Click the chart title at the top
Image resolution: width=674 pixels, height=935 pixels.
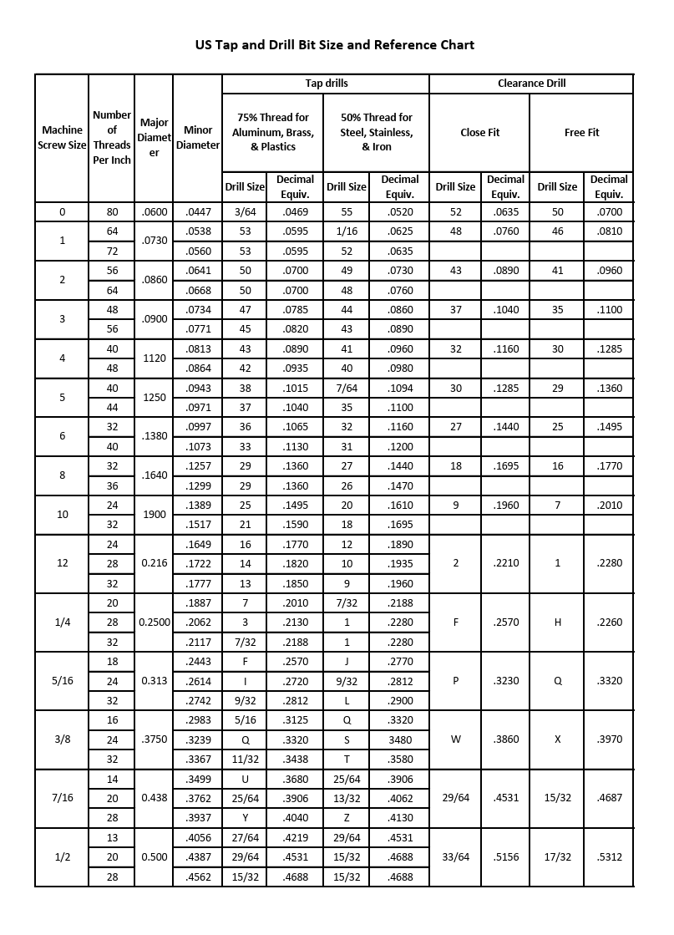click(334, 44)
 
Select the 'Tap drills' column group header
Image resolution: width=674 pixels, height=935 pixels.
click(326, 84)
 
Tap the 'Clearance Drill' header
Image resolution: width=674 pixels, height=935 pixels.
click(531, 84)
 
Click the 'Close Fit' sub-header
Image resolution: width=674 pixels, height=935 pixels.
click(479, 132)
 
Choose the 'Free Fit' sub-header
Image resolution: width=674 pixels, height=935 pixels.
click(581, 132)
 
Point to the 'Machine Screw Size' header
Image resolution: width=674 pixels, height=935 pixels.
click(62, 137)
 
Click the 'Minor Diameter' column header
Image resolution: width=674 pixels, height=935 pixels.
click(198, 137)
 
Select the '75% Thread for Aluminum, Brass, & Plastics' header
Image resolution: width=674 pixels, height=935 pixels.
click(272, 132)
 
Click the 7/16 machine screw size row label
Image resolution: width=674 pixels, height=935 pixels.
click(62, 798)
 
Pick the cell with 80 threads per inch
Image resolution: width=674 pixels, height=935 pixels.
click(112, 212)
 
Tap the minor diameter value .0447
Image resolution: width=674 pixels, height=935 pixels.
click(198, 212)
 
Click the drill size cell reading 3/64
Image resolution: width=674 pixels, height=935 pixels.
click(245, 212)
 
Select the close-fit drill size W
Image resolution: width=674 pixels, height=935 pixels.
click(455, 739)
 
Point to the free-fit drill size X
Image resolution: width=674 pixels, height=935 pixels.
click(557, 739)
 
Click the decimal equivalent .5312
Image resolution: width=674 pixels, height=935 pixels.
click(609, 856)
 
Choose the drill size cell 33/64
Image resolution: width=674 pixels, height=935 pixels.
click(455, 856)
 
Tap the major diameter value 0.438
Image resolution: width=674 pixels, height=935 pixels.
click(155, 798)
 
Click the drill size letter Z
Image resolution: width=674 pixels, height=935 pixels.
click(347, 817)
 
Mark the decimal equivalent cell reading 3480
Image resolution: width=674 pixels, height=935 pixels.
click(400, 739)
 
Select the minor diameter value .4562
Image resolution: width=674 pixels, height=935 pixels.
click(198, 877)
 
